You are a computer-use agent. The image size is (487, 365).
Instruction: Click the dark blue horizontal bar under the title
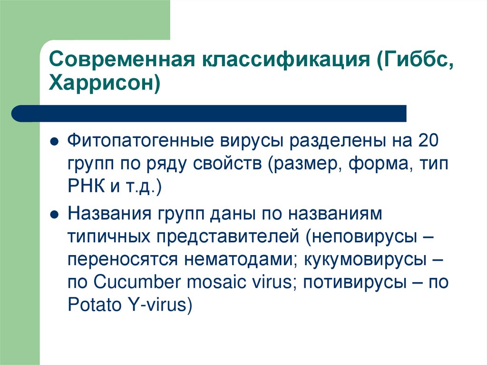click(209, 113)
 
